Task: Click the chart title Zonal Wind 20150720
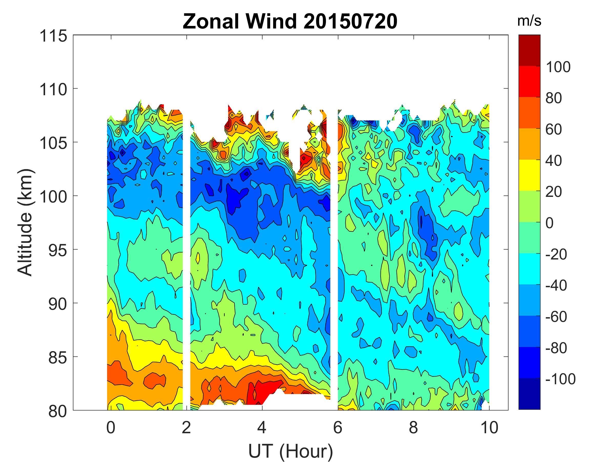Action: (x=290, y=22)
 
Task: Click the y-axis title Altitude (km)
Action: (x=25, y=222)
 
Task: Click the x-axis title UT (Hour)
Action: (x=291, y=451)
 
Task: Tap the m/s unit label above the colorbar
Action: (x=529, y=21)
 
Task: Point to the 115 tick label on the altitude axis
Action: (x=53, y=36)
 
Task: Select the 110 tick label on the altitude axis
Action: (x=53, y=90)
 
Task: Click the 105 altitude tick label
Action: (x=53, y=143)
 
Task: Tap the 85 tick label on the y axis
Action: (x=58, y=358)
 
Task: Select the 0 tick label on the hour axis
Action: (x=111, y=427)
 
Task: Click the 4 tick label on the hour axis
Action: (x=262, y=427)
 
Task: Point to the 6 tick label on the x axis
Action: (x=337, y=427)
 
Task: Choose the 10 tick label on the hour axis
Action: (x=489, y=427)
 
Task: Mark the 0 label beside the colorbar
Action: (x=550, y=223)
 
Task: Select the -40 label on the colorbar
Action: (x=556, y=285)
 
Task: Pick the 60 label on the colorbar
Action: (x=553, y=130)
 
